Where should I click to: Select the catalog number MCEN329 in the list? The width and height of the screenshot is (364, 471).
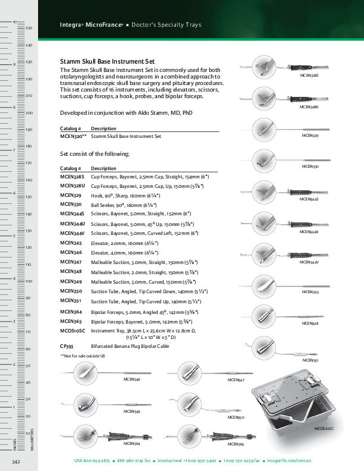pos(71,195)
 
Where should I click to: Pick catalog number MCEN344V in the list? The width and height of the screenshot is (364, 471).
pos(73,233)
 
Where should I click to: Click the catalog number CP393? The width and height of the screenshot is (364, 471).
pos(67,346)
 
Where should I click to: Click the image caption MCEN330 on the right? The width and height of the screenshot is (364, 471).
pos(310,167)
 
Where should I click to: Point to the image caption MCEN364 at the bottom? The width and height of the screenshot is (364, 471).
pos(132,444)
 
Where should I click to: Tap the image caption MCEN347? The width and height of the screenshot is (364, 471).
pos(236,379)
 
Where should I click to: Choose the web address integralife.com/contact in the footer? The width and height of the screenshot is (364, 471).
pos(289,461)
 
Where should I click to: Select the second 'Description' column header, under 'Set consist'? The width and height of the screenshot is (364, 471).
pos(103,168)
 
